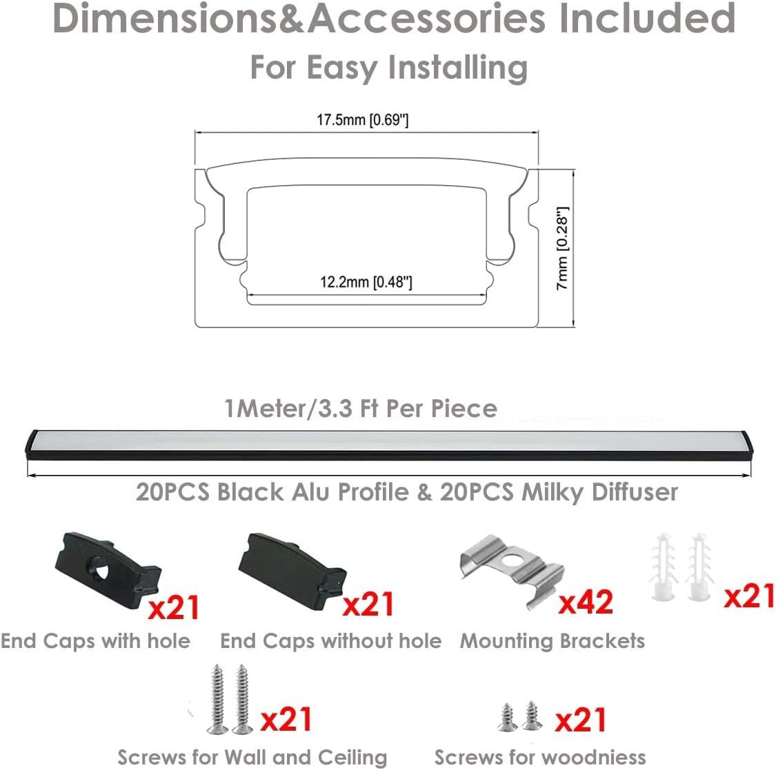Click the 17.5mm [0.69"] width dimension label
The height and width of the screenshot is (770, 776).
363,121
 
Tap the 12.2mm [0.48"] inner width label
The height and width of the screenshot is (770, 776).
366,282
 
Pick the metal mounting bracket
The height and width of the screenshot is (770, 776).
510,569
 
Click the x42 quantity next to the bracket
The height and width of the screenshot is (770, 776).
586,602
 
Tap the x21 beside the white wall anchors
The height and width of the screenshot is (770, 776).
749,594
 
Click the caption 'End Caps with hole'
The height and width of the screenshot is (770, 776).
95,641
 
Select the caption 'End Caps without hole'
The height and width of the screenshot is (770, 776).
330,641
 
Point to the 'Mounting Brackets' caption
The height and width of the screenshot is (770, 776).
553,641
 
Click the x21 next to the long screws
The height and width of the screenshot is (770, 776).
286,720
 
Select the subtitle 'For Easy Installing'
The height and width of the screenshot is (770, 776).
388,68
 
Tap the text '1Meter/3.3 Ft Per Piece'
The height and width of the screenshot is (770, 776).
361,408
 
